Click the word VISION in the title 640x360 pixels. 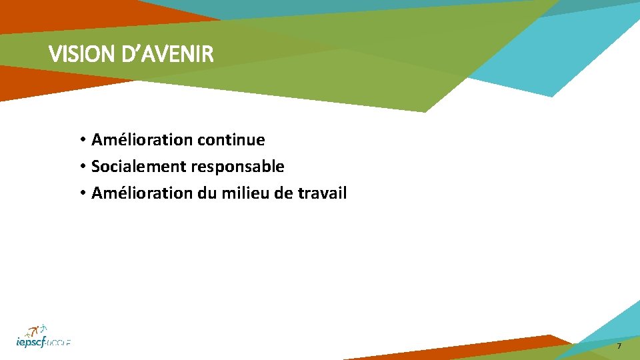(73, 55)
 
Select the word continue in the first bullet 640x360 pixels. (231, 140)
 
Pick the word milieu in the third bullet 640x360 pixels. (238, 193)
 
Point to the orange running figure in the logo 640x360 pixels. (31, 331)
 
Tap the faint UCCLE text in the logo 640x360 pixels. (61, 343)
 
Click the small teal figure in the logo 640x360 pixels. (44, 327)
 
